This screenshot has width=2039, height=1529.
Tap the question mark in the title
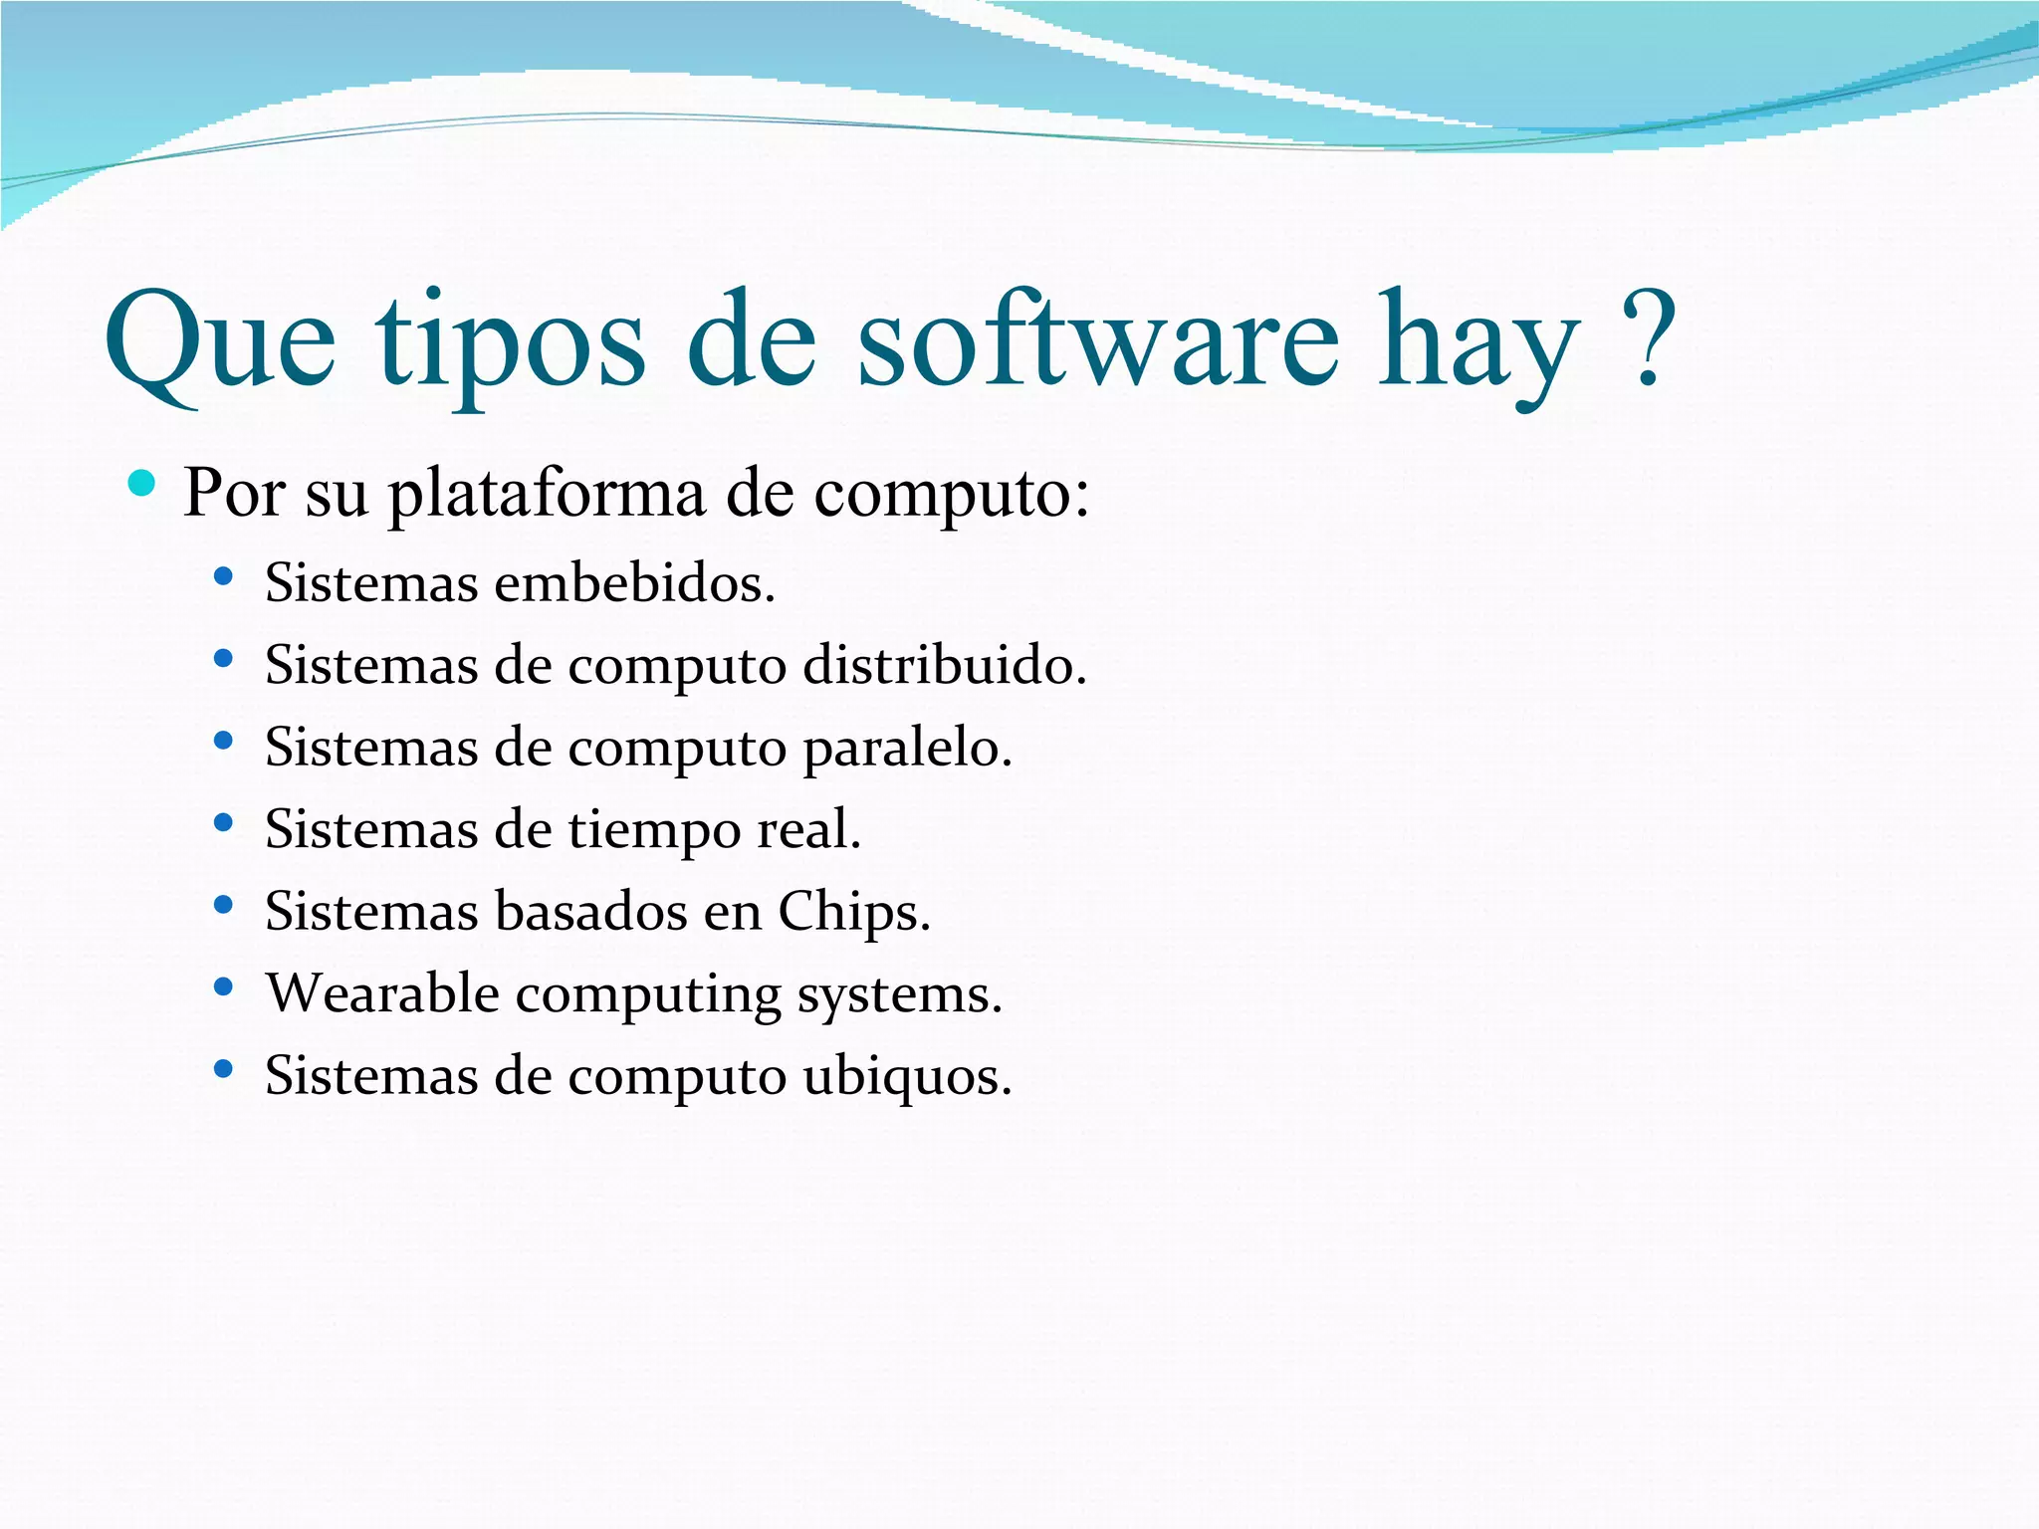tap(1648, 338)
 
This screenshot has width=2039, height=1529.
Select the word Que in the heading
tap(220, 343)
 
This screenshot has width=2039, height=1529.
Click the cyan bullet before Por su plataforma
tap(142, 484)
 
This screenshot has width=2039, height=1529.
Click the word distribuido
tap(944, 665)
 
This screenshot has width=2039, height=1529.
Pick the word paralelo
tap(907, 748)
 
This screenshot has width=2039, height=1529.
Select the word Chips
tap(852, 912)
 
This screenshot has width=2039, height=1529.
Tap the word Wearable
tap(382, 993)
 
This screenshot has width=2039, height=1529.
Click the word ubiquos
tap(907, 1076)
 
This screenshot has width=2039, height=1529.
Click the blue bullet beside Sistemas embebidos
tap(223, 576)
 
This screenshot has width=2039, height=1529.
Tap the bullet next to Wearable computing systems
tap(223, 987)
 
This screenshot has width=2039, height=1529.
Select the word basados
tap(590, 912)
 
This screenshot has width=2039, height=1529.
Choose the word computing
tap(648, 995)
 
